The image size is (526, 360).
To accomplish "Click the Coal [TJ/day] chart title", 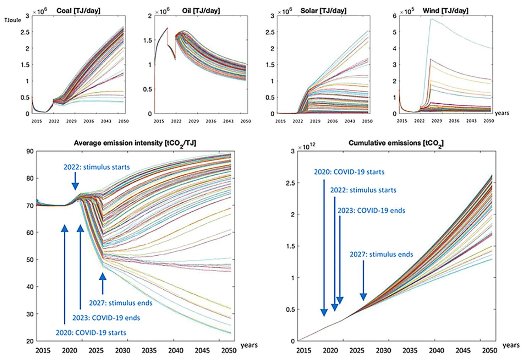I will (x=78, y=11).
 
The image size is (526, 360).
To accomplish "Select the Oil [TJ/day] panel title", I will (x=203, y=11).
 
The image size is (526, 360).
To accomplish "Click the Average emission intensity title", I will (x=135, y=143).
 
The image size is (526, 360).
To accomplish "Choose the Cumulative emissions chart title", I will (x=396, y=143).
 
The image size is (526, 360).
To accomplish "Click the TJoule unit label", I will (x=13, y=20).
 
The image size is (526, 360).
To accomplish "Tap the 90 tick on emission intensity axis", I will (x=30, y=151).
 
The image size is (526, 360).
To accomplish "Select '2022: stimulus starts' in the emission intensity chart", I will (x=97, y=167).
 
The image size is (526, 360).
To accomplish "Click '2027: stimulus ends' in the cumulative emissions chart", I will (x=381, y=254).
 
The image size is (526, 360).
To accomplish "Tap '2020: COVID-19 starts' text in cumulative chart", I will (x=349, y=172).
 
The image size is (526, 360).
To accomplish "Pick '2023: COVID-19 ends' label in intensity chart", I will (x=106, y=317).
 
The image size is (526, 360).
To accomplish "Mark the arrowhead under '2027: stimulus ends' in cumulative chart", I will (x=363, y=297).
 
